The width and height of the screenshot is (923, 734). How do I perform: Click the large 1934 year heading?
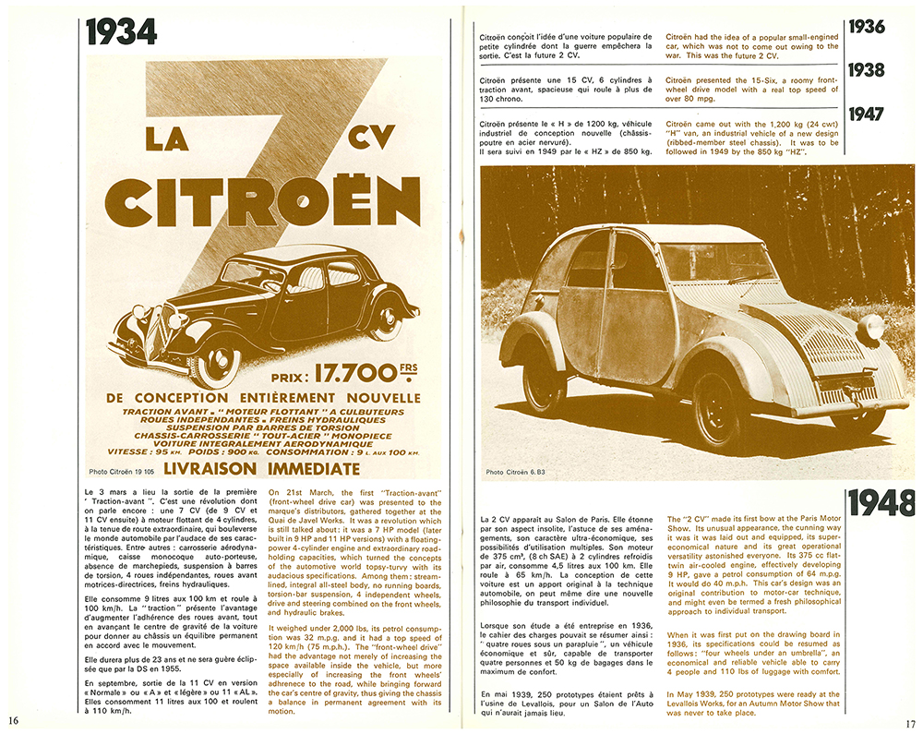point(122,32)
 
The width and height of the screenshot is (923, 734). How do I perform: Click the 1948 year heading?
point(881,504)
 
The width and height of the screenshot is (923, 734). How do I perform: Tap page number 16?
point(15,719)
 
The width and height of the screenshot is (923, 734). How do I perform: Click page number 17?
point(909,722)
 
